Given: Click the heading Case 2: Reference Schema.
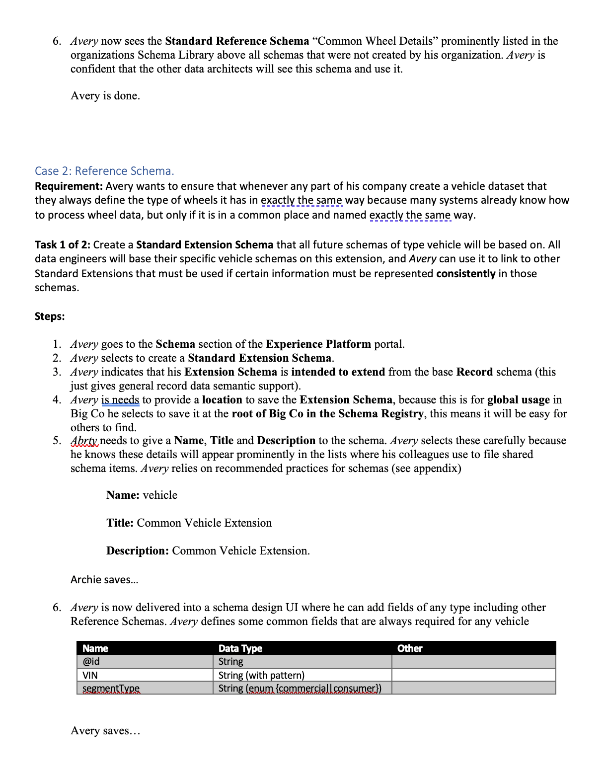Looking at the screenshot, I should pyautogui.click(x=104, y=171).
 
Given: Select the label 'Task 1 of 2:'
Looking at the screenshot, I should pyautogui.click(x=63, y=245).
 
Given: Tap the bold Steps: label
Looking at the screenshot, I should pyautogui.click(x=50, y=316).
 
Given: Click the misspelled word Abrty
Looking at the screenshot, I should pyautogui.click(x=84, y=441).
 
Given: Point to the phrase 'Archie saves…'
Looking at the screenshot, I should pyautogui.click(x=104, y=580).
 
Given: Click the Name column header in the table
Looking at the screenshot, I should pyautogui.click(x=95, y=648).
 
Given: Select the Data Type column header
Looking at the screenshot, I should pyautogui.click(x=240, y=648).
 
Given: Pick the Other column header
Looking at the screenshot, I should pyautogui.click(x=410, y=648).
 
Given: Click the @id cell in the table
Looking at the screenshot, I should pyautogui.click(x=91, y=662).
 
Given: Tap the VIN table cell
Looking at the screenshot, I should pyautogui.click(x=90, y=675).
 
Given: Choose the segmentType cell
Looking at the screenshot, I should pyautogui.click(x=111, y=689).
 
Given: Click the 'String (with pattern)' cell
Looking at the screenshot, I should pyautogui.click(x=261, y=675).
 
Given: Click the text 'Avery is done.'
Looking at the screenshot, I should pyautogui.click(x=105, y=96).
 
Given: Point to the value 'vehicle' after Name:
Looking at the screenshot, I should pyautogui.click(x=160, y=495).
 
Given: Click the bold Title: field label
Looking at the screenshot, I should pyautogui.click(x=120, y=523).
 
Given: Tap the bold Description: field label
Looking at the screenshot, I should pyautogui.click(x=138, y=551).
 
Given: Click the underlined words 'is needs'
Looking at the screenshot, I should pyautogui.click(x=120, y=400).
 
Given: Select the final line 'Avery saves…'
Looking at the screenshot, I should pyautogui.click(x=105, y=731).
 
